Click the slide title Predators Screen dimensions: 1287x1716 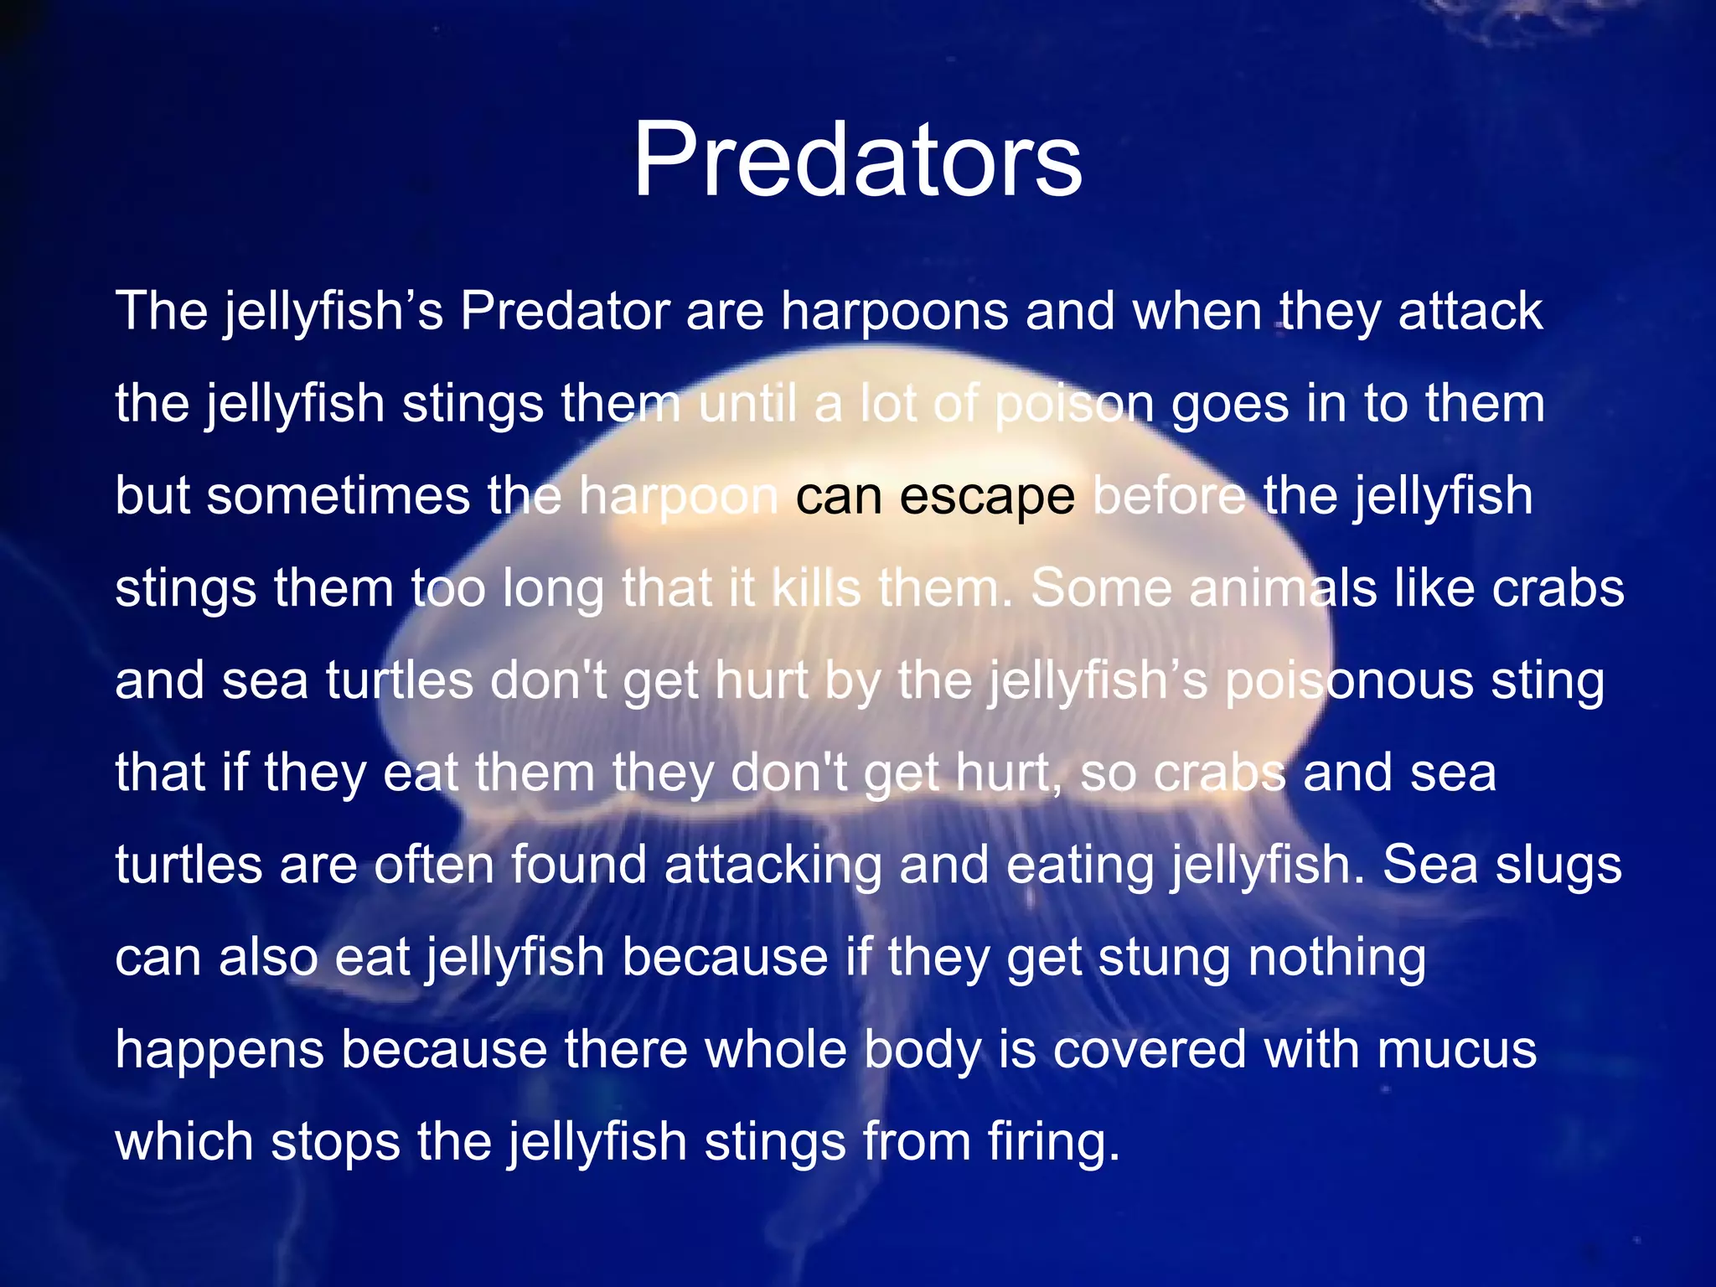pyautogui.click(x=857, y=159)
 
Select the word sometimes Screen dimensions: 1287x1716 pyautogui.click(x=339, y=495)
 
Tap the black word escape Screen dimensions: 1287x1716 pyautogui.click(x=987, y=495)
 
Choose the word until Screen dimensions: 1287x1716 pyautogui.click(x=747, y=403)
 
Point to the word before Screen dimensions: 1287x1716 pyautogui.click(x=1169, y=495)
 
